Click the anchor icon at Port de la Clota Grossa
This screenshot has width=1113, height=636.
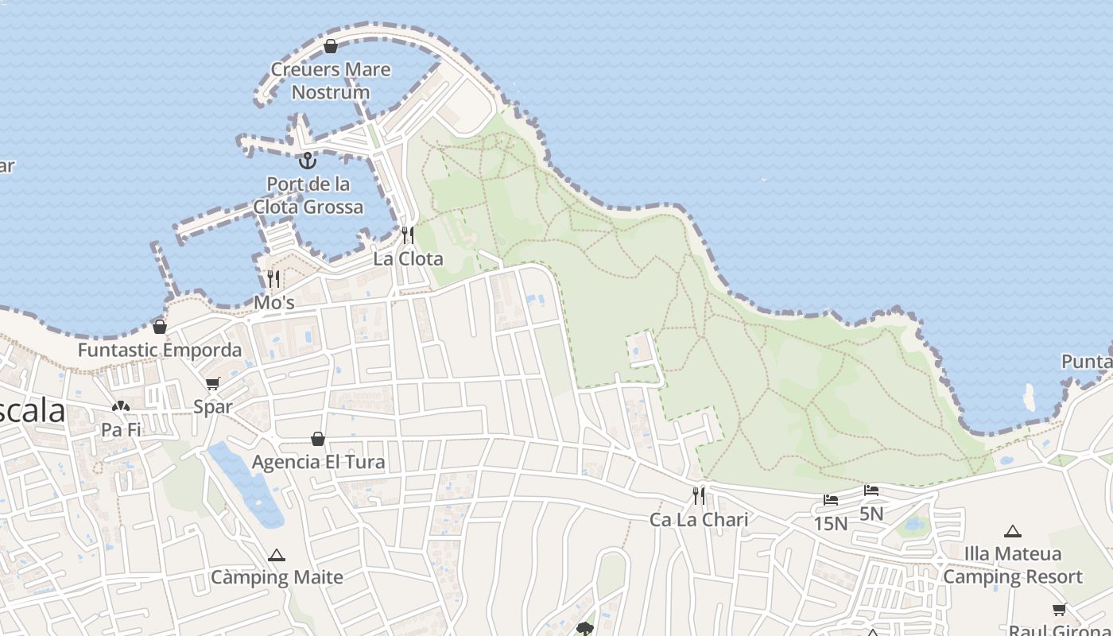point(308,161)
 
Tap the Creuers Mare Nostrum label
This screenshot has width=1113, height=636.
point(331,80)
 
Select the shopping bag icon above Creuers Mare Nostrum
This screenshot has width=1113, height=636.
point(331,47)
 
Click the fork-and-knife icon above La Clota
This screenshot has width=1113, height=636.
point(408,235)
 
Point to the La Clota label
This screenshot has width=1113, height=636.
point(408,259)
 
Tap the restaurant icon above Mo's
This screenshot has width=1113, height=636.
point(273,278)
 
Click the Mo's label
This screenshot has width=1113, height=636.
point(274,303)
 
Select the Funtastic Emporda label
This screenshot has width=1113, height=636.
point(160,350)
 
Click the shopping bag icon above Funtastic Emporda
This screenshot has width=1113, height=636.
point(160,327)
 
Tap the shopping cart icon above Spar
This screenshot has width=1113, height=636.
point(213,384)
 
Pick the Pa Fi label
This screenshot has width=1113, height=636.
point(121,430)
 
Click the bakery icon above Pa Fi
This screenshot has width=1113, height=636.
point(121,407)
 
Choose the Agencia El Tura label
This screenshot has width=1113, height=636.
point(318,462)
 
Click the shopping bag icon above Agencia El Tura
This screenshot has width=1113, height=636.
point(318,439)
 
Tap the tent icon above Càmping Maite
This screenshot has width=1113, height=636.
point(277,555)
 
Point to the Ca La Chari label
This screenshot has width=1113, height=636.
point(699,520)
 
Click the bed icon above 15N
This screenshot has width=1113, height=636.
point(831,500)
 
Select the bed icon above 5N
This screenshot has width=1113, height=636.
point(871,491)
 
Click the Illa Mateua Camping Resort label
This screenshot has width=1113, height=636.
point(1013,565)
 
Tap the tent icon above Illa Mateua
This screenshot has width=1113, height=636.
point(1012,531)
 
